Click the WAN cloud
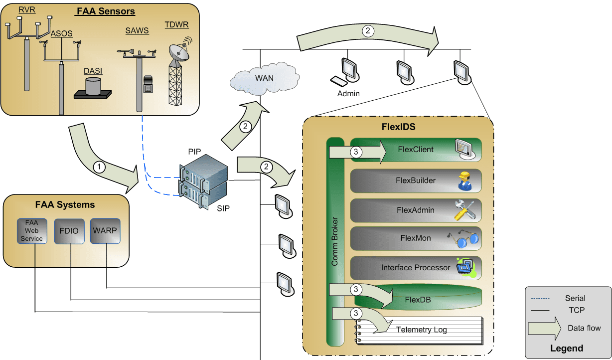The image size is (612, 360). [x=264, y=78]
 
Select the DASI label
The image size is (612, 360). [x=93, y=71]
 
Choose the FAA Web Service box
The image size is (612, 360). [x=31, y=231]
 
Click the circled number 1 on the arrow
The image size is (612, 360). [x=100, y=168]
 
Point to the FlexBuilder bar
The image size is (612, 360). [x=416, y=181]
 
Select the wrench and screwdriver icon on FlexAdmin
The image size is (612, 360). [x=465, y=210]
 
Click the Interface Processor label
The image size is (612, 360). [x=415, y=268]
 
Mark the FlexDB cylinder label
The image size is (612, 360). [x=418, y=300]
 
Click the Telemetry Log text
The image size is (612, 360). [x=421, y=330]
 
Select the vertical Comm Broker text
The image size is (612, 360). [x=335, y=242]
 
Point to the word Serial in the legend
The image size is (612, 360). [x=575, y=299]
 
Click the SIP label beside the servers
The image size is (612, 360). [x=223, y=208]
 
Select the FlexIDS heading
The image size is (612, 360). [x=398, y=127]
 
